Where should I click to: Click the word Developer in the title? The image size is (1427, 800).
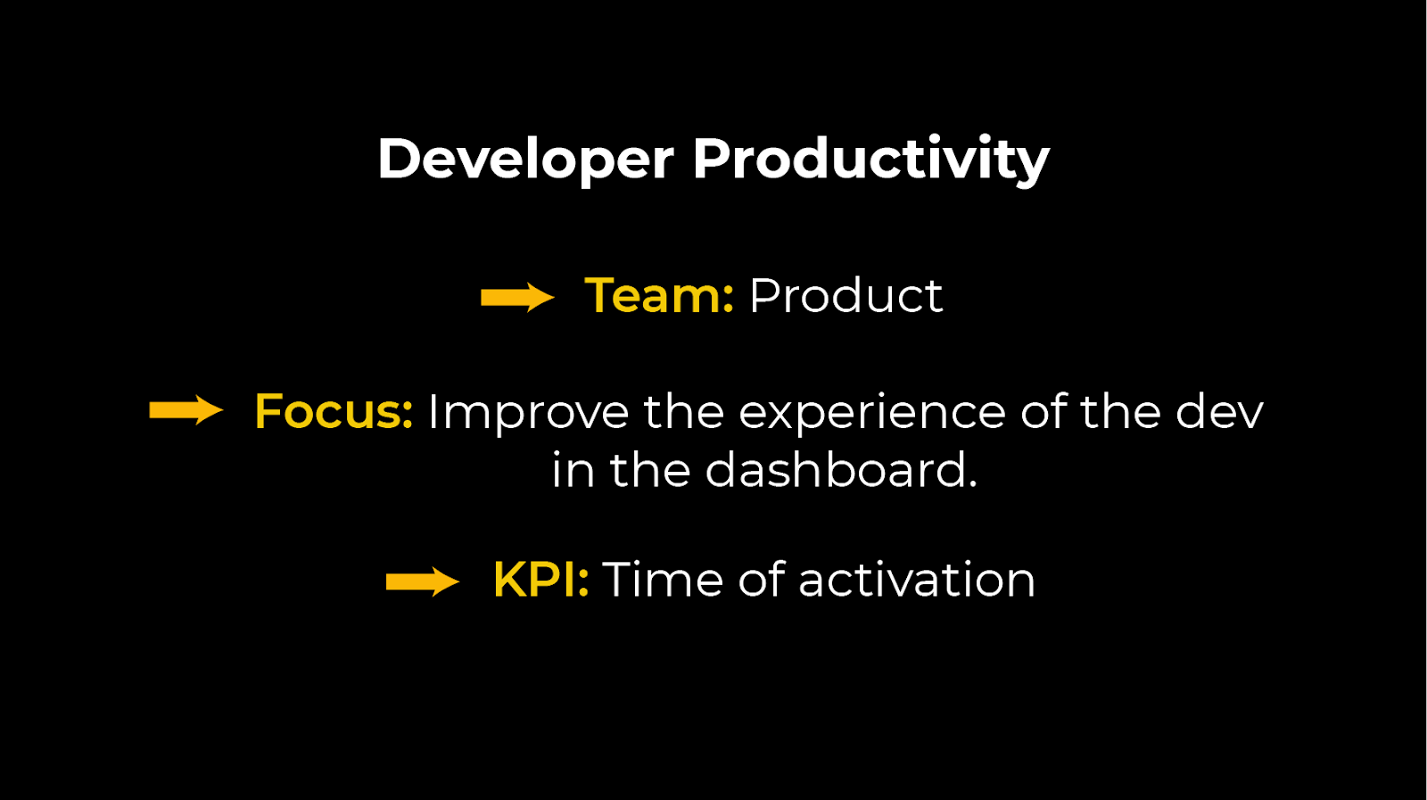coord(525,159)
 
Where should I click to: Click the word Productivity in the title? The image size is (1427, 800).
coord(870,159)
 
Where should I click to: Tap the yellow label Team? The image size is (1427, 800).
coord(659,296)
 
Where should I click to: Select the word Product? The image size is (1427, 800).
coord(845,296)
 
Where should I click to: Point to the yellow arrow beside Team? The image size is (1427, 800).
coord(517,297)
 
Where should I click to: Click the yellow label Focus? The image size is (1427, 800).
coord(334,412)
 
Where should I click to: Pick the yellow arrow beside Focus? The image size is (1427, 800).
coord(186,411)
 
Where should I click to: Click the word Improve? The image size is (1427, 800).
coord(528,412)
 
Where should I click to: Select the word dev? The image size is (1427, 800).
coord(1218,412)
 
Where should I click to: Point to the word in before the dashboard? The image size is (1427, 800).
coord(573,470)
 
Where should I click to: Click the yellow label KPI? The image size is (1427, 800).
coord(540,580)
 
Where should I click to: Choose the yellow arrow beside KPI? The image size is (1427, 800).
coord(422,581)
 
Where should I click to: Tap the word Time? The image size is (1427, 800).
coord(663,580)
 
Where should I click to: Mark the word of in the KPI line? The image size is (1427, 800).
coord(761,580)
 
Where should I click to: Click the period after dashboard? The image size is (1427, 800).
coord(972,486)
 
